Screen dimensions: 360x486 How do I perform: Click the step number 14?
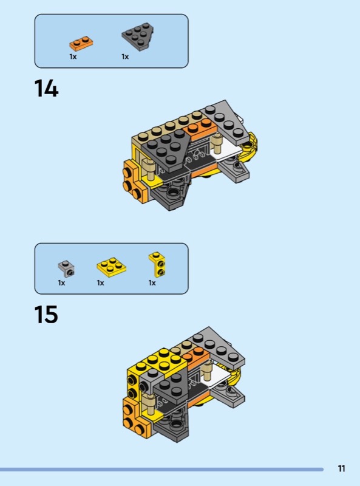(46, 88)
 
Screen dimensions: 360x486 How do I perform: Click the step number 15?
(46, 314)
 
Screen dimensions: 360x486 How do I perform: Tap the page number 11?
(341, 468)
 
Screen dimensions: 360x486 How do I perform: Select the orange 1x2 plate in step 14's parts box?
(81, 43)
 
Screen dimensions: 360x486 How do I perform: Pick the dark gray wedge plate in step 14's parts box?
(138, 36)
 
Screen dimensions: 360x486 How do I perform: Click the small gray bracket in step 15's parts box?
(66, 269)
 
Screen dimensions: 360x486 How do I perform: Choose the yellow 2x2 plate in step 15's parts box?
(111, 267)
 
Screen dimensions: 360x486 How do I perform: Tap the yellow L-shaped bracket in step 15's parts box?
(157, 264)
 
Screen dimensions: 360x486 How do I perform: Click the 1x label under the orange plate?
(73, 56)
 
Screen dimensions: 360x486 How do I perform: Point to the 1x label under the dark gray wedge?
(125, 56)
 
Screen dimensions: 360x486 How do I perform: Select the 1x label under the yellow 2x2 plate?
(100, 283)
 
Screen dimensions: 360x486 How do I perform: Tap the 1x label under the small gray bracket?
(61, 283)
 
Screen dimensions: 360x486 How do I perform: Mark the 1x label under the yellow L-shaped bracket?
(152, 283)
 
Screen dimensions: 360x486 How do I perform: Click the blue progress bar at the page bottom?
(161, 470)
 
